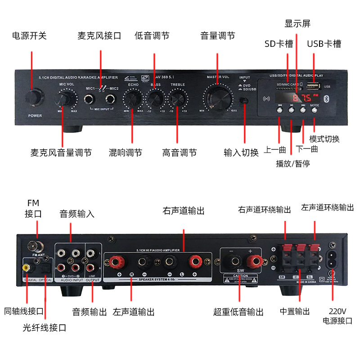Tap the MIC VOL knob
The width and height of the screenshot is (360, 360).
(x=66, y=99)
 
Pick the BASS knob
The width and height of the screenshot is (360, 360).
(x=156, y=98)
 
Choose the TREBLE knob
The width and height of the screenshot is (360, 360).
(x=178, y=98)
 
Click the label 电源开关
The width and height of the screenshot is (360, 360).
(x=29, y=36)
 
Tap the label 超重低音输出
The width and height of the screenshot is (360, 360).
(x=238, y=312)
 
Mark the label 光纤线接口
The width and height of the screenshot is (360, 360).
(x=45, y=328)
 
